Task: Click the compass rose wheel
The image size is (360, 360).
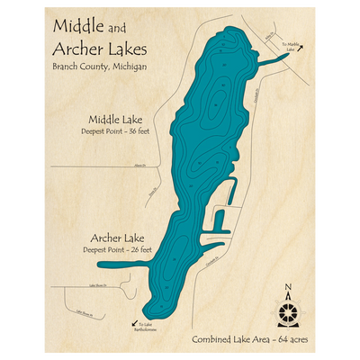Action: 288,312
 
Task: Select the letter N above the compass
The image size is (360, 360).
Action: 288,288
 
